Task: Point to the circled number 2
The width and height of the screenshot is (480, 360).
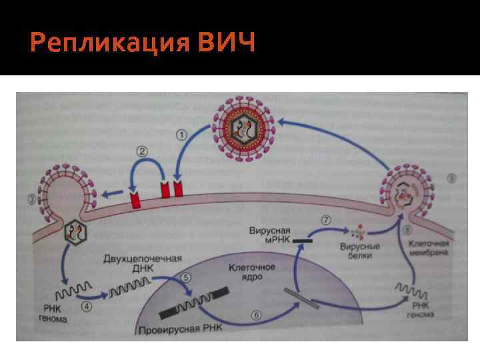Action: (142, 151)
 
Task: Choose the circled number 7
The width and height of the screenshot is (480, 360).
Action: (327, 219)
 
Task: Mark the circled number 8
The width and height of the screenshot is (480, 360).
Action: (406, 231)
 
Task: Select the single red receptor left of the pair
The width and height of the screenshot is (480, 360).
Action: (135, 200)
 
